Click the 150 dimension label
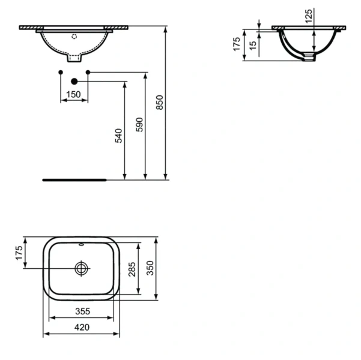click(73, 94)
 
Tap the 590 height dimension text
click(140, 125)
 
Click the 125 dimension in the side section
click(308, 16)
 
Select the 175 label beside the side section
click(237, 44)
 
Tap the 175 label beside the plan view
click(19, 252)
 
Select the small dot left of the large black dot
click(61, 73)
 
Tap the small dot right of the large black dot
click(88, 73)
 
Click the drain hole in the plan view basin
click(81, 268)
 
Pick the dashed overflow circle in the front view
click(74, 37)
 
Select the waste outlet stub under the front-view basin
click(74, 59)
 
